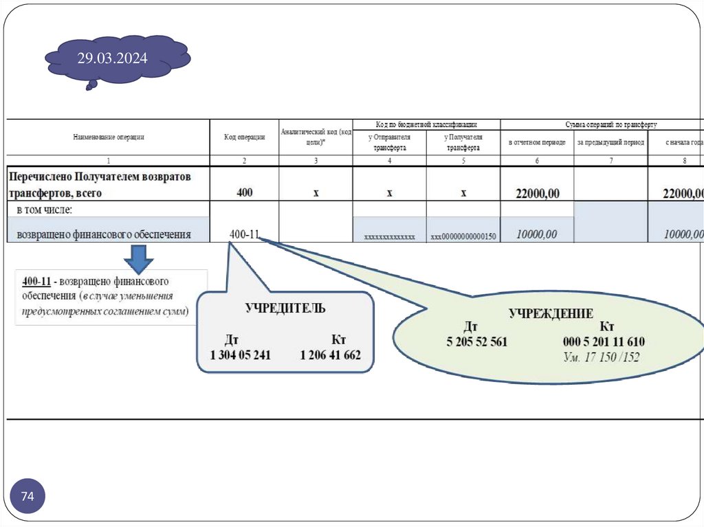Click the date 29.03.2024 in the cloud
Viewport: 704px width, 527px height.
click(112, 58)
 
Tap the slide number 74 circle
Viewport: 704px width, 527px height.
click(27, 496)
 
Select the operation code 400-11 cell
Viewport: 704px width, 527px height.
click(244, 234)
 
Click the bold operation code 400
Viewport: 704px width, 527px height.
click(244, 193)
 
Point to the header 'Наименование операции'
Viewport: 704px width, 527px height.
click(109, 137)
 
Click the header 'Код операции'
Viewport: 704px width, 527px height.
click(244, 137)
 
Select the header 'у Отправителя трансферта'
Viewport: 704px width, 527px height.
click(389, 142)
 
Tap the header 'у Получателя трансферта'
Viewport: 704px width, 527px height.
click(463, 142)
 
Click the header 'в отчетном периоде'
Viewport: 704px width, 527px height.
click(537, 142)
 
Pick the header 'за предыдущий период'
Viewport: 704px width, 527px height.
click(610, 142)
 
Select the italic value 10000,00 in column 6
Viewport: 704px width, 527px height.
click(536, 235)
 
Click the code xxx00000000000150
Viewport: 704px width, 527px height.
click(463, 237)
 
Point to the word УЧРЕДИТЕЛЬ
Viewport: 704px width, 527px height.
click(285, 308)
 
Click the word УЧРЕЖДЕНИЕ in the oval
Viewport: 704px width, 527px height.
click(551, 313)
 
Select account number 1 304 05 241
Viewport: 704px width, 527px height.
click(241, 355)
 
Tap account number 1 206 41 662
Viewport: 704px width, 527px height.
click(330, 355)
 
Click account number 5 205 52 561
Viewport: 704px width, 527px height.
click(476, 341)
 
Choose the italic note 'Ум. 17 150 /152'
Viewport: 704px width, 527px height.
click(601, 357)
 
